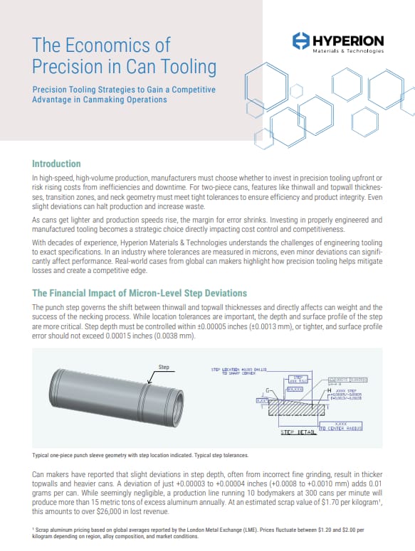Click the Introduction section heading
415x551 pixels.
tap(56, 164)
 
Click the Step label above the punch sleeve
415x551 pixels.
tap(164, 368)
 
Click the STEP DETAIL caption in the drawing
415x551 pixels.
tap(298, 432)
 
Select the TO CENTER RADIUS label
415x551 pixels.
tap(340, 429)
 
